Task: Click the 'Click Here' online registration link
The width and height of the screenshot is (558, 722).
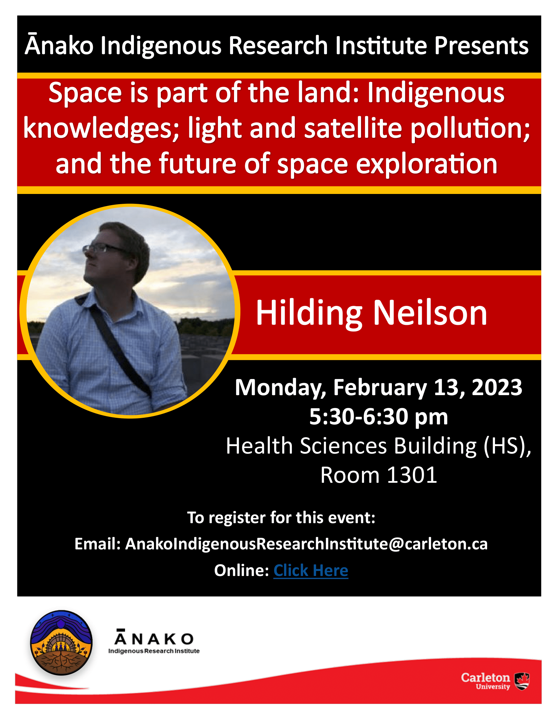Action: (x=311, y=570)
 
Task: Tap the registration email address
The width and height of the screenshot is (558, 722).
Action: (x=306, y=544)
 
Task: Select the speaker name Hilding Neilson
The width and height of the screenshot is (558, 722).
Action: (x=372, y=313)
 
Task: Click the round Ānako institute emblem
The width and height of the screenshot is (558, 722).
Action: (x=61, y=643)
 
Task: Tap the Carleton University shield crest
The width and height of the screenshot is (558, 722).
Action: (x=522, y=681)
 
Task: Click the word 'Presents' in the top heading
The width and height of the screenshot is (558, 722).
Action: (x=481, y=46)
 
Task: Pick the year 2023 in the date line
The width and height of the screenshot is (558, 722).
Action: (x=497, y=387)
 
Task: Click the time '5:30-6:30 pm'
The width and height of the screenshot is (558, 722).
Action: (x=378, y=416)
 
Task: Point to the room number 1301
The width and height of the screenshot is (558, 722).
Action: (x=412, y=476)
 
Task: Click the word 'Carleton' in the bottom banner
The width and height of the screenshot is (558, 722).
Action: (x=485, y=677)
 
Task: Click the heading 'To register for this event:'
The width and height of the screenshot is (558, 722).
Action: (x=281, y=517)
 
